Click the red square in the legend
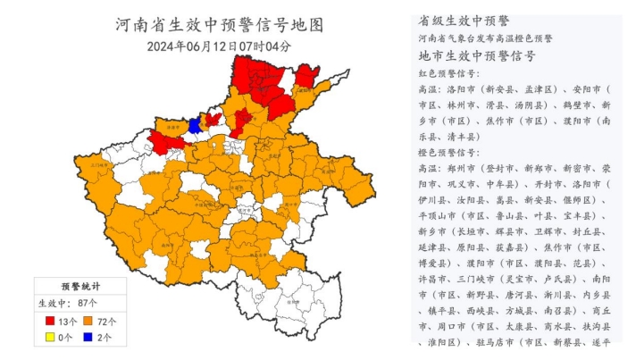pos(50,321)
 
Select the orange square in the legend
pos(89,321)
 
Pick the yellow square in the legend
pos(50,337)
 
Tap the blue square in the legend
pos(89,337)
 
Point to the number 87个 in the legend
pos(88,304)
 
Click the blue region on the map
pos(193,127)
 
